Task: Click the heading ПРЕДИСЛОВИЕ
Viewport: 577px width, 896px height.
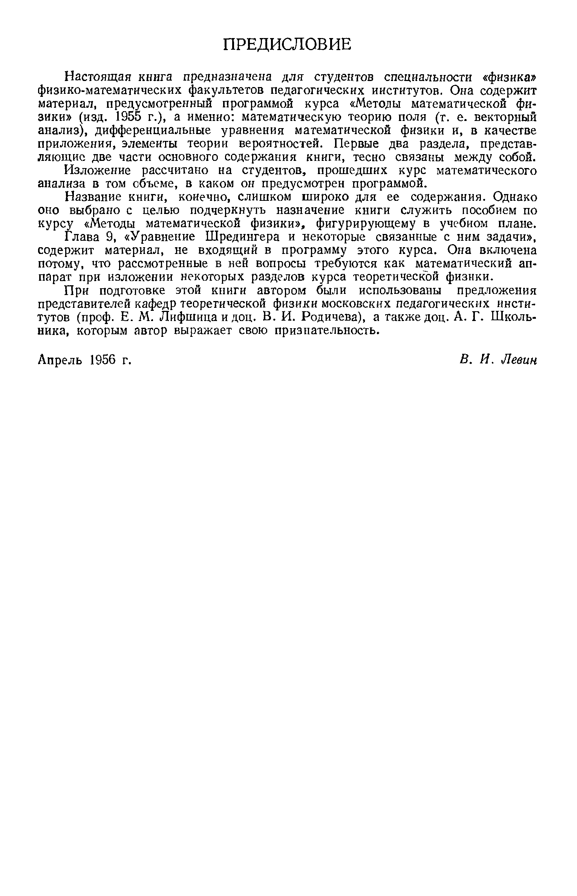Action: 287,45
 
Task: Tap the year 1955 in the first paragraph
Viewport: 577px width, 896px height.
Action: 129,117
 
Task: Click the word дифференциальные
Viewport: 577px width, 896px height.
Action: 151,130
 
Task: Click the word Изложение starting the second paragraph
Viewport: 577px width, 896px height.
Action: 98,171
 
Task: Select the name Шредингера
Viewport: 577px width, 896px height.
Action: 245,237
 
